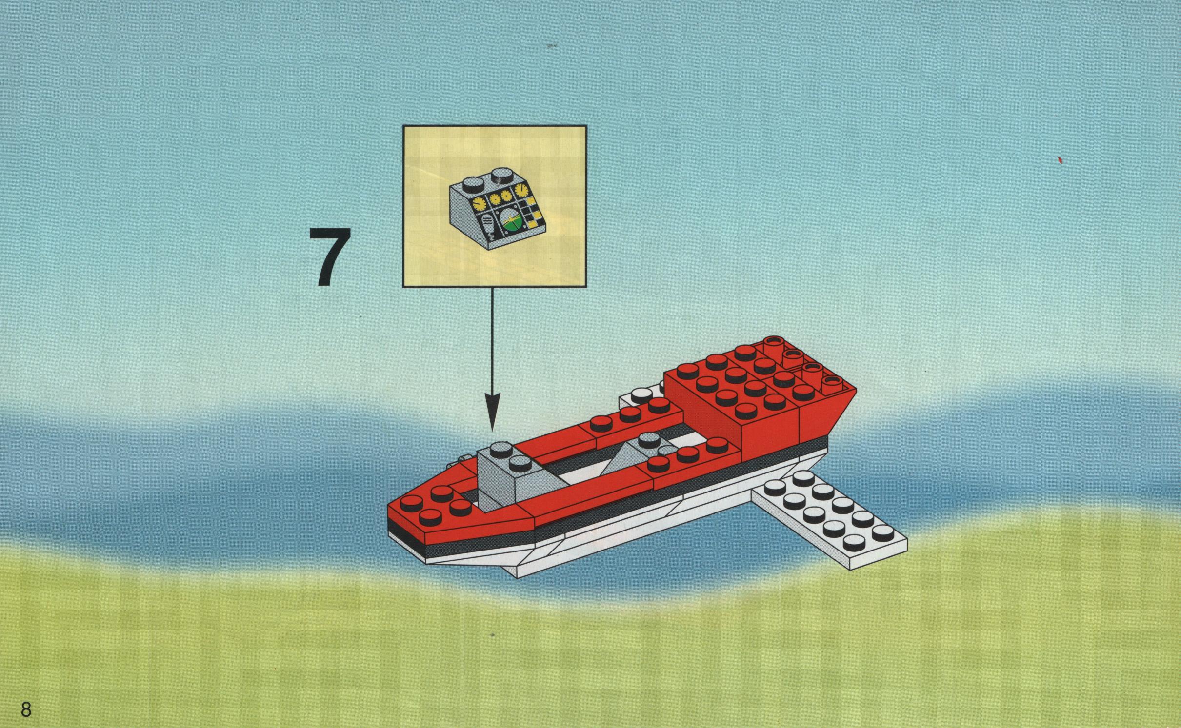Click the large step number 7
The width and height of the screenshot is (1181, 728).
[x=330, y=256]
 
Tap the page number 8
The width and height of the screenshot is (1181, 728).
[x=26, y=709]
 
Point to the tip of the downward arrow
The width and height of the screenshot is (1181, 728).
[x=493, y=431]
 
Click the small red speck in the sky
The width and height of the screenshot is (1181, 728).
[x=1060, y=159]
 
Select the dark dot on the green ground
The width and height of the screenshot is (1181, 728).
[x=493, y=635]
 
